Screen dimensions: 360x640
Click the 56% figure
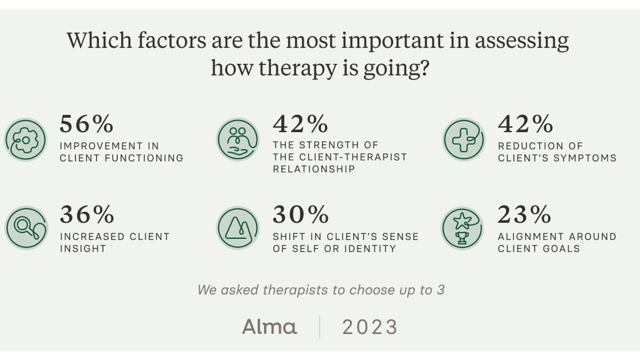coord(86,124)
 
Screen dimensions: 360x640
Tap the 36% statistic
coord(86,215)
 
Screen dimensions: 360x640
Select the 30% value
coord(300,215)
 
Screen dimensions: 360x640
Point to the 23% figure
coord(524,215)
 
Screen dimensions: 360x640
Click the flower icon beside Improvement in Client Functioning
coord(26,140)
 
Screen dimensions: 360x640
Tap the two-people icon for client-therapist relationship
coord(238,140)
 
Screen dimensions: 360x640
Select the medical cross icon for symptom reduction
coord(464,140)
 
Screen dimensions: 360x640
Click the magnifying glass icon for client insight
coord(26,228)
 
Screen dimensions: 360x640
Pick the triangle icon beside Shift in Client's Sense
coord(238,228)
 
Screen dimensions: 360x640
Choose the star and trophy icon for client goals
coord(462,228)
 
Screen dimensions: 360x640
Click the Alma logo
coord(269,326)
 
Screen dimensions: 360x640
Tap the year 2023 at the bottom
coord(370,327)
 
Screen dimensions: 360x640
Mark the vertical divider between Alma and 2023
coord(320,326)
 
